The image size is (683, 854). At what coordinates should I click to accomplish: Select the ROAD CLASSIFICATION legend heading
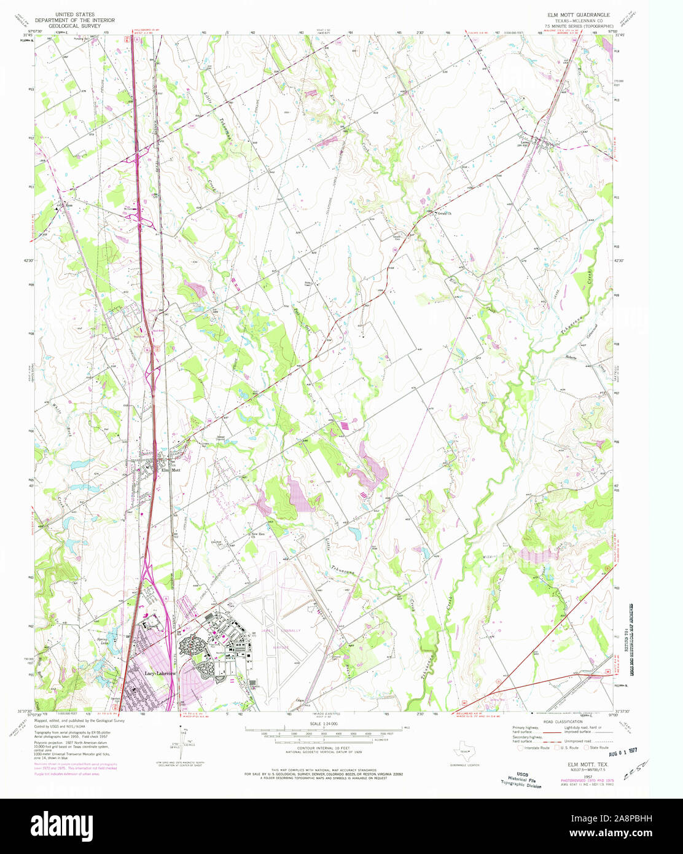click(x=561, y=722)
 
